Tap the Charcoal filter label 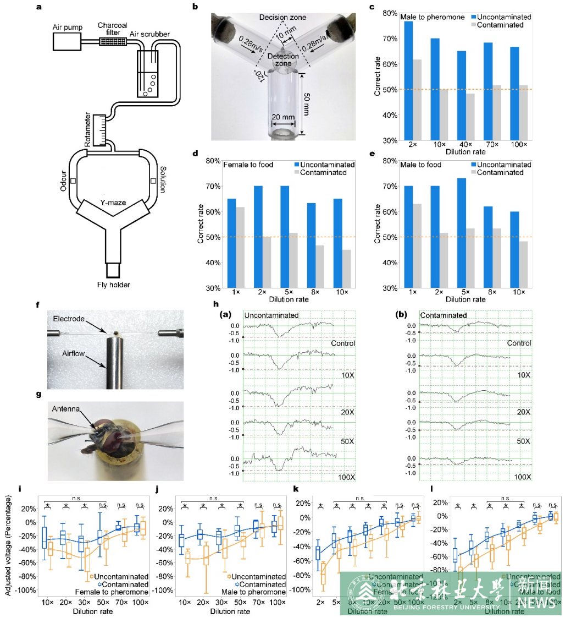pyautogui.click(x=112, y=25)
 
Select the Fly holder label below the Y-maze pyautogui.click(x=115, y=285)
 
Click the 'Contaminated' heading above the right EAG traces pyautogui.click(x=444, y=316)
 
